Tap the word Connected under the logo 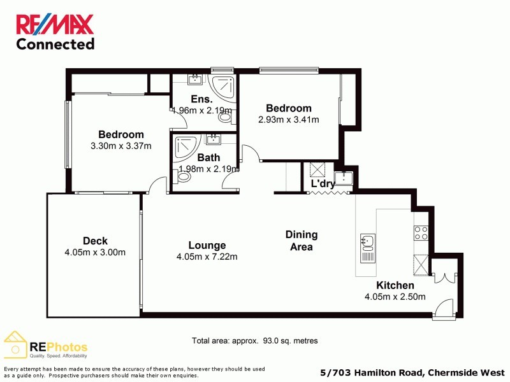point(55,44)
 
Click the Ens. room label point(202,99)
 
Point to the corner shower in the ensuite point(223,87)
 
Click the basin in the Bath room point(214,140)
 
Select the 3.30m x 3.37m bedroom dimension point(120,146)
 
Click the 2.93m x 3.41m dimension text point(288,119)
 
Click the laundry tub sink point(344,178)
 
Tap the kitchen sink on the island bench point(367,241)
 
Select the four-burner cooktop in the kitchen point(421,232)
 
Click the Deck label point(95,241)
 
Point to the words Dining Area point(302,241)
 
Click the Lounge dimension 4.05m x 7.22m point(207,257)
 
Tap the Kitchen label point(395,285)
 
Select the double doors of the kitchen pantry point(443,278)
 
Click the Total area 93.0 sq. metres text point(254,341)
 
